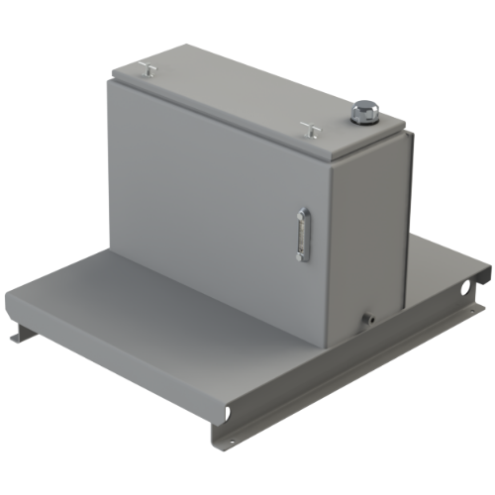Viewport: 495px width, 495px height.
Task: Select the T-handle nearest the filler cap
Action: pyautogui.click(x=308, y=126)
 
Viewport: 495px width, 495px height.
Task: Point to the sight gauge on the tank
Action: pyautogui.click(x=302, y=234)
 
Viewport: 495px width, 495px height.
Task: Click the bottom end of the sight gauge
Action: pyautogui.click(x=300, y=257)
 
